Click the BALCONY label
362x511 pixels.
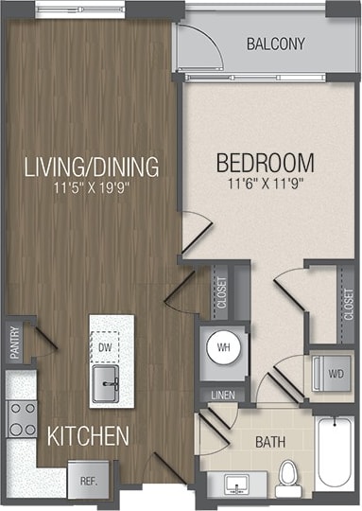275,44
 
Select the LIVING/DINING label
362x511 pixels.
91,168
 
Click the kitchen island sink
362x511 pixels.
107,384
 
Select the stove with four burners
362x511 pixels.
21,417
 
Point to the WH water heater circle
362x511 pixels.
224,347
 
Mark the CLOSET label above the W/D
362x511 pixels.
348,303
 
